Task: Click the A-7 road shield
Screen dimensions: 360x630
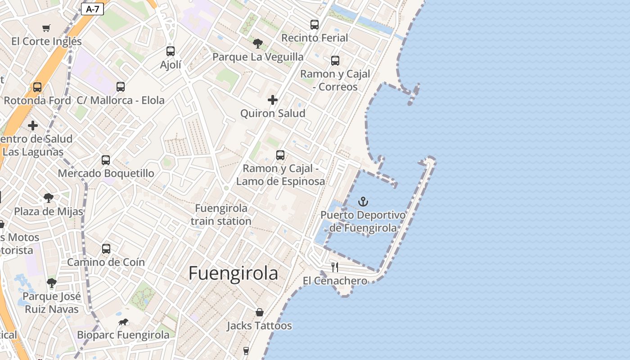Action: [92, 9]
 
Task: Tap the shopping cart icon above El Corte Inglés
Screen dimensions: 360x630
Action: [46, 28]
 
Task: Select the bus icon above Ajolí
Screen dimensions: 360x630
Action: [170, 51]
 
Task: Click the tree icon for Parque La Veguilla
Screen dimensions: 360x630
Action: [258, 44]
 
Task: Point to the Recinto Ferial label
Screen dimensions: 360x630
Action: [315, 38]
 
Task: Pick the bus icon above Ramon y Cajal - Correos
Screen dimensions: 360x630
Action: [335, 61]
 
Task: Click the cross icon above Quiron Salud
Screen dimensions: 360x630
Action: [273, 100]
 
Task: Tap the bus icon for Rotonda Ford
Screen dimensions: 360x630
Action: [37, 87]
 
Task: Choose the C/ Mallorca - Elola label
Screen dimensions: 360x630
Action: [121, 100]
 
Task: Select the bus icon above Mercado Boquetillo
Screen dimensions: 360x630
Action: [106, 160]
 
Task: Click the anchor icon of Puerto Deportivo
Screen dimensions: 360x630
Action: [363, 202]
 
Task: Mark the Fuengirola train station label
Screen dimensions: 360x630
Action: [221, 215]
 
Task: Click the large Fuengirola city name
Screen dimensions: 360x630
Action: [233, 273]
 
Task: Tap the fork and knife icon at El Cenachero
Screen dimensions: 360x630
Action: [335, 267]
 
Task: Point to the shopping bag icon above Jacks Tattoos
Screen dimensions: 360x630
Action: [260, 312]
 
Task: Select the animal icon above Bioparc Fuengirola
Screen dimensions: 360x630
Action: [123, 322]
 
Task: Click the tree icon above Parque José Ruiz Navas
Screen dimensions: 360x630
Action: [52, 283]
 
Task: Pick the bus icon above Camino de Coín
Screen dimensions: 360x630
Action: [106, 249]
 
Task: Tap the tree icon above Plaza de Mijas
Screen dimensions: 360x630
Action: [49, 198]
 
